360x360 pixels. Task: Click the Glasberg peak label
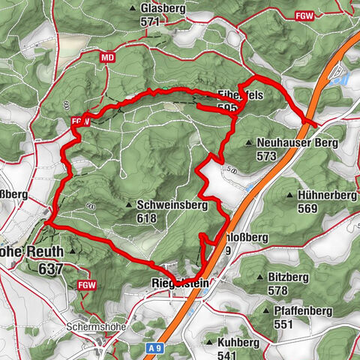[161, 7]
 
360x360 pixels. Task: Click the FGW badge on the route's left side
[81, 120]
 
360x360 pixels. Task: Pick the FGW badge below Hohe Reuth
[87, 285]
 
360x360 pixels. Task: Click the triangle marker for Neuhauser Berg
[249, 141]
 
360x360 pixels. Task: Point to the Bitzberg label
[288, 277]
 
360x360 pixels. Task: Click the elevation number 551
[283, 324]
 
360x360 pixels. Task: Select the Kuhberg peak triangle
[208, 342]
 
